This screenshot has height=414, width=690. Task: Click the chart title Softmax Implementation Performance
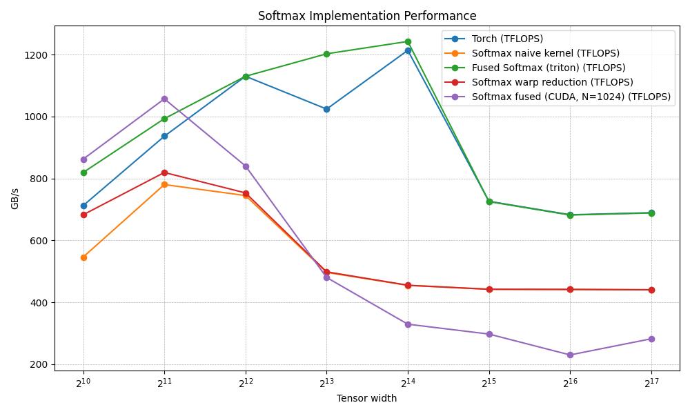(367, 16)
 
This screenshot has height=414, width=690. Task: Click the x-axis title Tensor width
(366, 398)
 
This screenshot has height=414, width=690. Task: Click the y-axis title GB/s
(14, 198)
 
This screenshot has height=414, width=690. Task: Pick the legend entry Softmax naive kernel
(545, 53)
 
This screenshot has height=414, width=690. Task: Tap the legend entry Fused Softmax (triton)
(549, 68)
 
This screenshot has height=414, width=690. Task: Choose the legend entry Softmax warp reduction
(552, 82)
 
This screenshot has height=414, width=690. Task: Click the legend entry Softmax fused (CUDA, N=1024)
(571, 97)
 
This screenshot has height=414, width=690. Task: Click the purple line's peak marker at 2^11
(164, 99)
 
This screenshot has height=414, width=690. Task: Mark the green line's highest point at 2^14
(408, 41)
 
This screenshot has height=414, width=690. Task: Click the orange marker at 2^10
(83, 257)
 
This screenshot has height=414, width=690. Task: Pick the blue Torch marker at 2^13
(326, 109)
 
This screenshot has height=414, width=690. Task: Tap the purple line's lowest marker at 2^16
(570, 355)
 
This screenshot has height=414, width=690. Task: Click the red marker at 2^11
(164, 172)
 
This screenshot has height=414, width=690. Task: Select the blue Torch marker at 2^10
(83, 206)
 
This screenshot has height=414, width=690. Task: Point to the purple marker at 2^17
(651, 339)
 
